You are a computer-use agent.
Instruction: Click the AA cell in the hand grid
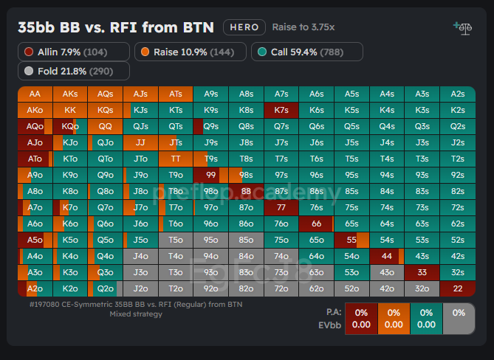[x=35, y=94]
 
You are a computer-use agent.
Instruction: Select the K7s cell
[x=281, y=110]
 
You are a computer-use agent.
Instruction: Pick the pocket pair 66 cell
[x=316, y=224]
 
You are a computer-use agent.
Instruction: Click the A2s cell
[x=457, y=94]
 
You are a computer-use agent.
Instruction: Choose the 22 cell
[x=457, y=288]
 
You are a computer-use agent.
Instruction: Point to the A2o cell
[x=35, y=288]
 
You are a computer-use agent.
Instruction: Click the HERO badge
[x=244, y=27]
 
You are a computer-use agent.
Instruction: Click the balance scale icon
[x=462, y=28]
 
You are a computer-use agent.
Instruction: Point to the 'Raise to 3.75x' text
[x=303, y=27]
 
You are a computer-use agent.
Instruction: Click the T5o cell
[x=176, y=240]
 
